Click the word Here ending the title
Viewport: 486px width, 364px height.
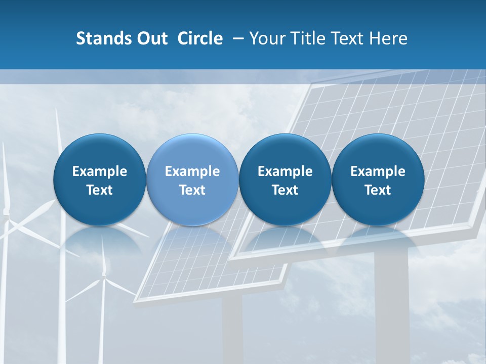389,38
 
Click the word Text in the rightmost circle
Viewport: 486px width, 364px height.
378,190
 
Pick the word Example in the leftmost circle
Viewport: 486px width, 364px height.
99,171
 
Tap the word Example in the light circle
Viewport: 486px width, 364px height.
192,171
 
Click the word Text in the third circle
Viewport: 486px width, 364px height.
285,190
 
